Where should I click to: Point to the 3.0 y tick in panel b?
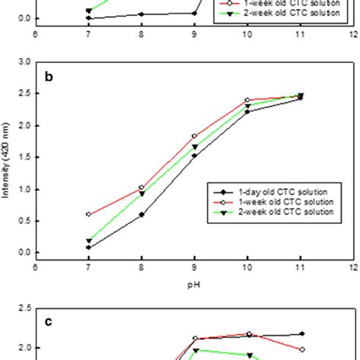(25, 62)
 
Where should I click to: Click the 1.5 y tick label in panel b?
(25, 157)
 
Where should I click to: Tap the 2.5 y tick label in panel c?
(25, 308)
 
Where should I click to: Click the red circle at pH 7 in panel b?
(89, 214)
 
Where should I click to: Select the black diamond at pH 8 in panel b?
(141, 214)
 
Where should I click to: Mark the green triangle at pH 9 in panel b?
(194, 147)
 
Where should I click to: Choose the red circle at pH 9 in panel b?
(194, 136)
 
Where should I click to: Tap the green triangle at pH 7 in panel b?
(89, 241)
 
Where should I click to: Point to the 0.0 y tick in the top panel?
(25, 18)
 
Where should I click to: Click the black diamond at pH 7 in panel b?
(89, 248)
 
